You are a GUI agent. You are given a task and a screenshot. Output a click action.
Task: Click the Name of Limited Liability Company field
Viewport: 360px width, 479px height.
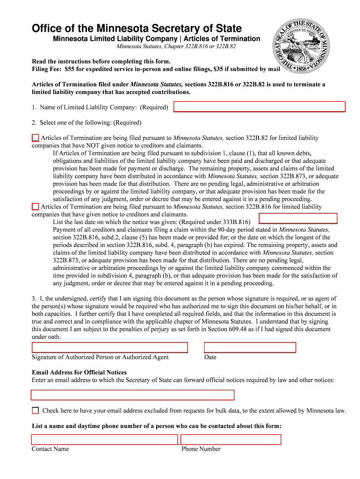coord(259,107)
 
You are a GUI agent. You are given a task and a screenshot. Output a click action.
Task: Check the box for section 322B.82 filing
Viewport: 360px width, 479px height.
coord(36,138)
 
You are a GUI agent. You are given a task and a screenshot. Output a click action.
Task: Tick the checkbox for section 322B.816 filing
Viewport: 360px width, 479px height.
coord(36,206)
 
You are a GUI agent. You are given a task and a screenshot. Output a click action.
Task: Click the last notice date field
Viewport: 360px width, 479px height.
coord(298,218)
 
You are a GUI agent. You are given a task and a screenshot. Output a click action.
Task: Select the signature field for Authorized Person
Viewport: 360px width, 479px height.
coord(109,347)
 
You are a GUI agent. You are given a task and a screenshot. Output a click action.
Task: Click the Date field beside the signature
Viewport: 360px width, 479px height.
coord(250,347)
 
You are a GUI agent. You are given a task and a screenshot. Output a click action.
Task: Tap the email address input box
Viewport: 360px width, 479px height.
coord(132,395)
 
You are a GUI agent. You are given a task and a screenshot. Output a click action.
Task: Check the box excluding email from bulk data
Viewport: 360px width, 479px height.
coord(36,410)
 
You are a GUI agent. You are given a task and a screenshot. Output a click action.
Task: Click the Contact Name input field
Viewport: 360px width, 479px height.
coord(104,439)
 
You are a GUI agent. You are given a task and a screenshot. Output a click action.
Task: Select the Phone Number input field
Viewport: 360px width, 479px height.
coord(230,439)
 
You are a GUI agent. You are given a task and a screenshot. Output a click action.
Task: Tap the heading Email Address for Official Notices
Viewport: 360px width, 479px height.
coord(79,372)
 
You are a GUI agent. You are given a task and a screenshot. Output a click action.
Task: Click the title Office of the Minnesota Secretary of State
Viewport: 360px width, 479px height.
coord(137,29)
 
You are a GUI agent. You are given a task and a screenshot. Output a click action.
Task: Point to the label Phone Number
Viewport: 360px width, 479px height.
coord(201,449)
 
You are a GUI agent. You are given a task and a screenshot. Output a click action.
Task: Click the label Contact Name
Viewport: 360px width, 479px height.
coord(50,449)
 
